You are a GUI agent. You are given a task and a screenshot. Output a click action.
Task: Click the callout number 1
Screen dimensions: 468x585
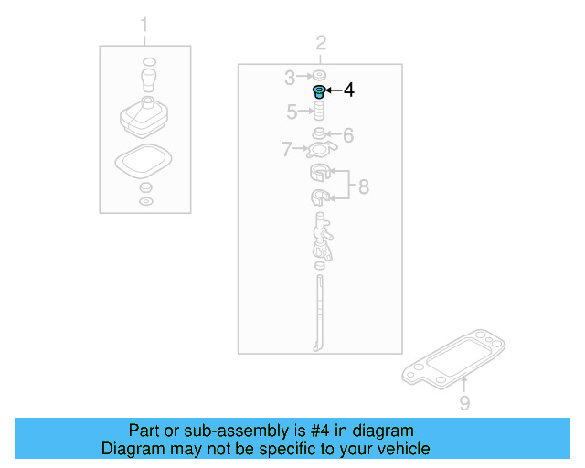pyautogui.click(x=144, y=26)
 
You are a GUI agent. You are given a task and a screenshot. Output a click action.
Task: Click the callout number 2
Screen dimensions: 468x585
pyautogui.click(x=321, y=43)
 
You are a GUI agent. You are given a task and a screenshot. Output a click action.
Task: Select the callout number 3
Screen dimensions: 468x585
pyautogui.click(x=289, y=77)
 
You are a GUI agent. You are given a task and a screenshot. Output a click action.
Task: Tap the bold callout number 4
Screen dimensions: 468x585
pyautogui.click(x=348, y=90)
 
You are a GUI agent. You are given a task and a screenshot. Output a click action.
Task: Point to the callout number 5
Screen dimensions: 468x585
pyautogui.click(x=292, y=112)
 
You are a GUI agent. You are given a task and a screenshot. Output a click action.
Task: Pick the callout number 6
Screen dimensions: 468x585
pyautogui.click(x=348, y=135)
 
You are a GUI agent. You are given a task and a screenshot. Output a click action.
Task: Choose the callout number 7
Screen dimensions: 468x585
pyautogui.click(x=286, y=148)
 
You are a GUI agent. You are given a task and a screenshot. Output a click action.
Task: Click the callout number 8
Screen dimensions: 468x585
pyautogui.click(x=363, y=186)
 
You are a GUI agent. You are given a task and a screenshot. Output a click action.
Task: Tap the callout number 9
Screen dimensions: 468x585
pyautogui.click(x=464, y=403)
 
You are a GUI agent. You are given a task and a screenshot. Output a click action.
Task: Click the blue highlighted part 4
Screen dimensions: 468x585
pyautogui.click(x=319, y=91)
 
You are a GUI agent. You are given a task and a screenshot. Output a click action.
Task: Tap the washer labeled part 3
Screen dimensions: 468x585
pyautogui.click(x=319, y=76)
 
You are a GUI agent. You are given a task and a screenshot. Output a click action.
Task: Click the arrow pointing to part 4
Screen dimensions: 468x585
pyautogui.click(x=333, y=90)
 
